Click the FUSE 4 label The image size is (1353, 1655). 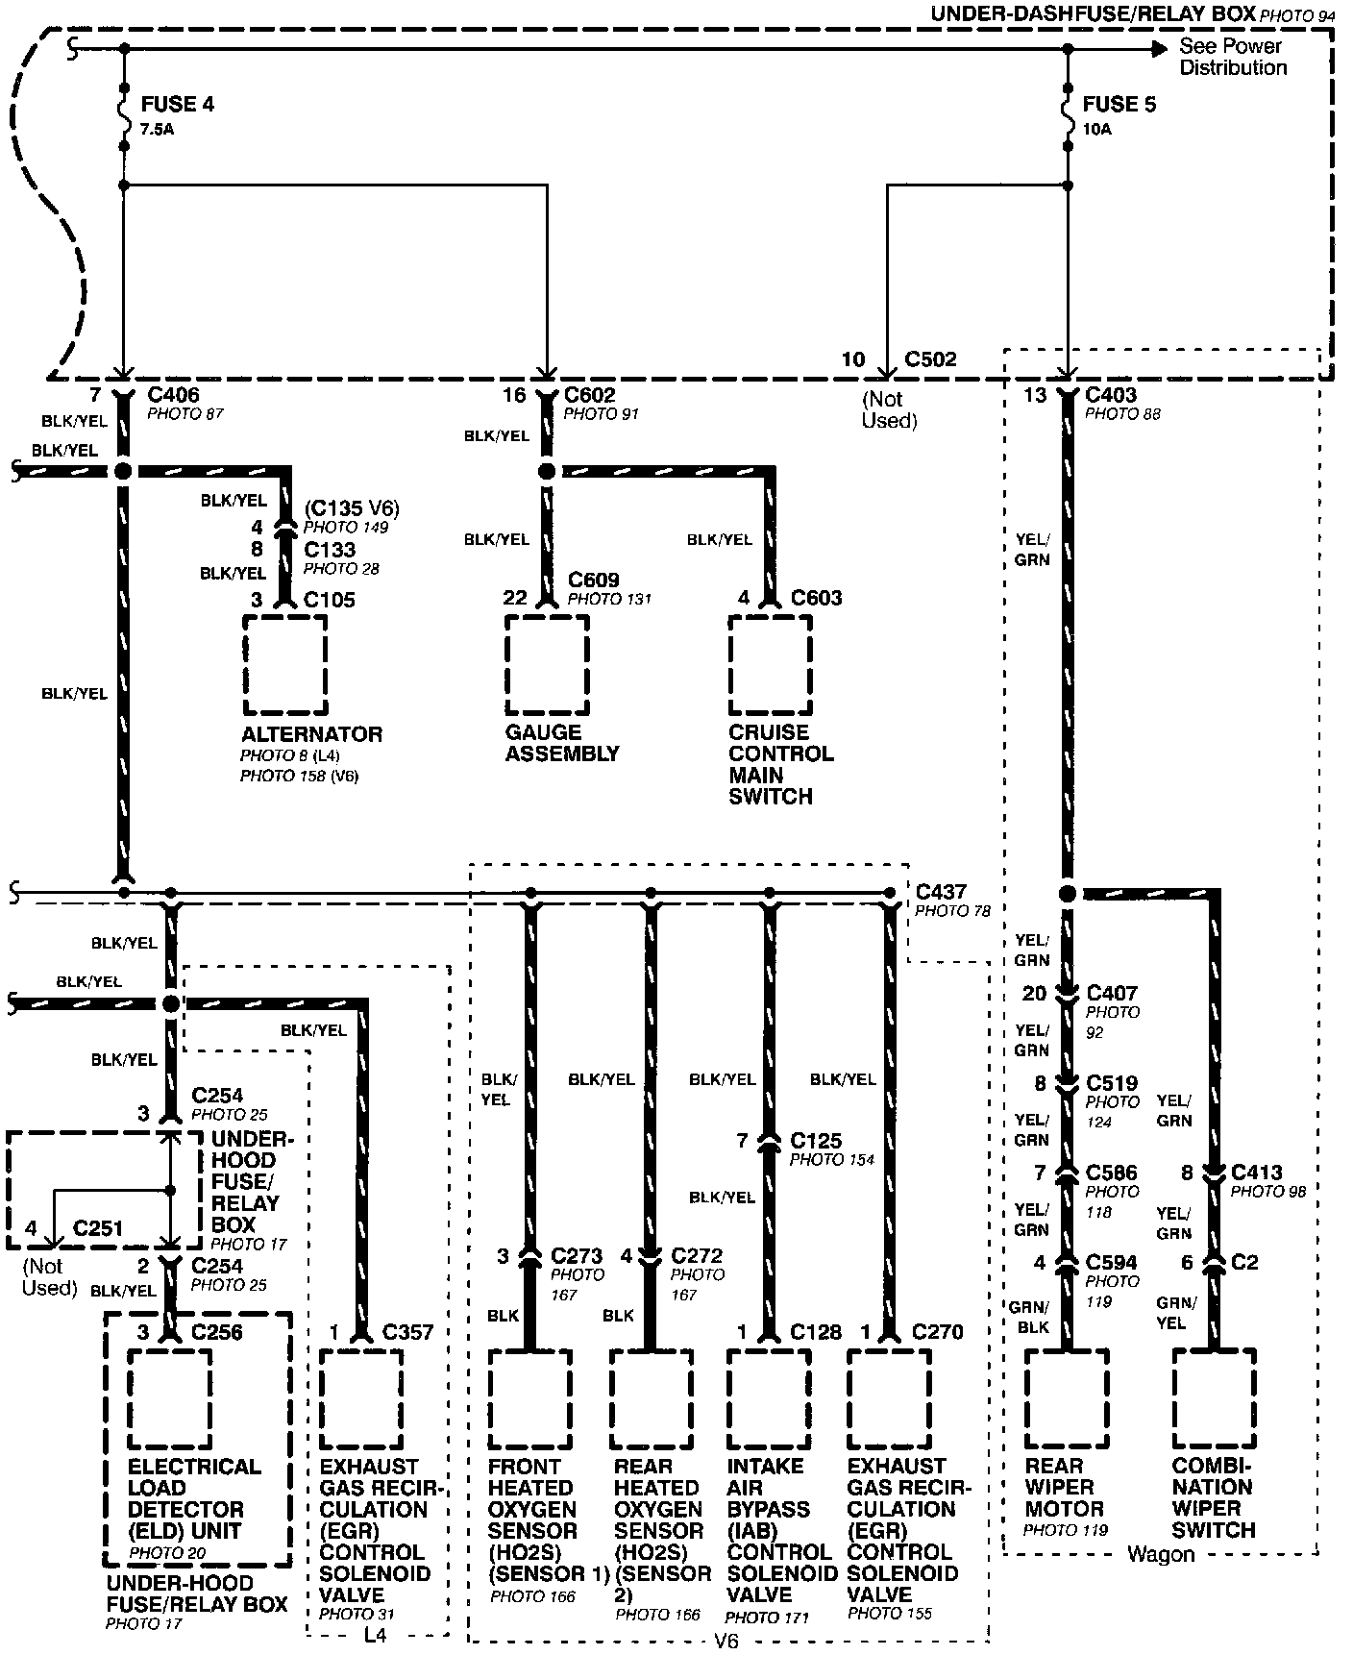(177, 105)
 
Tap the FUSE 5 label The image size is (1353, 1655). (1119, 105)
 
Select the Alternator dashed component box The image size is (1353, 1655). (284, 664)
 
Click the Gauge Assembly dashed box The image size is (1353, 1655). (547, 664)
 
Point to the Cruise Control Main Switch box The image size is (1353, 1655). (770, 664)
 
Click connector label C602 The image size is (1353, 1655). (590, 395)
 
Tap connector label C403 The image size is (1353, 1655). (1110, 395)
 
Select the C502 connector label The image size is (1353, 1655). (930, 359)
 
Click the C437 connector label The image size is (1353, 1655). (941, 893)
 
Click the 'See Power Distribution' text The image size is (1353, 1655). (1233, 57)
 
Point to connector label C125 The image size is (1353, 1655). (816, 1142)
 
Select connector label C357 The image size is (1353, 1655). (407, 1332)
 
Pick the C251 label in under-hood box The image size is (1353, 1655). (98, 1228)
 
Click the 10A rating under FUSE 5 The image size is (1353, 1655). (1096, 129)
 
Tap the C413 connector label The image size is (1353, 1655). (1258, 1173)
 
